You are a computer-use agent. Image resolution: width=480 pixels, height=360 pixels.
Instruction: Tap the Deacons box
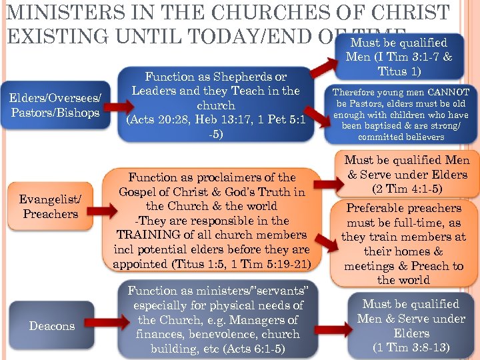click(x=52, y=326)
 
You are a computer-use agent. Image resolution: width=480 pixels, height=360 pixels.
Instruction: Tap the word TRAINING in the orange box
click(x=145, y=235)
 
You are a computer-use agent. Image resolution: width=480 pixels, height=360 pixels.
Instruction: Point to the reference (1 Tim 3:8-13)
click(x=411, y=347)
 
